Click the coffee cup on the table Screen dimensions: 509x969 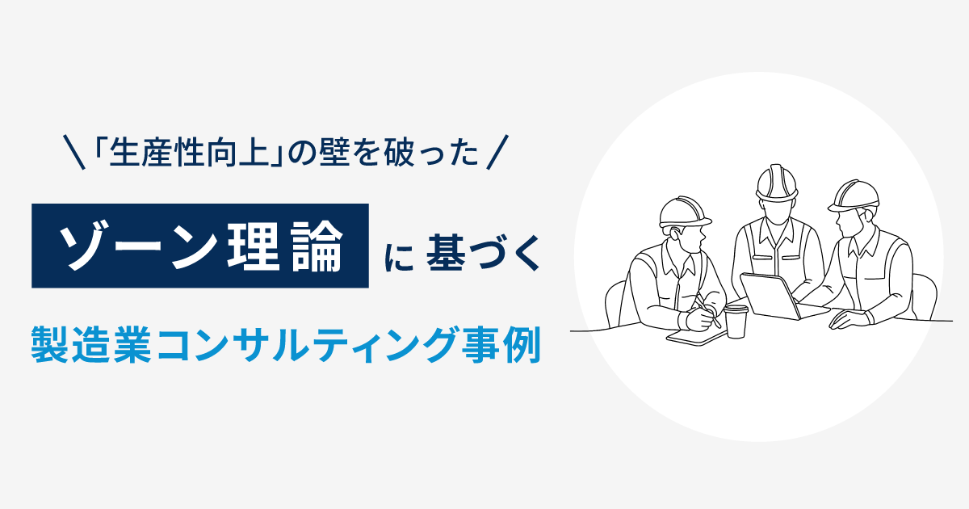pos(736,321)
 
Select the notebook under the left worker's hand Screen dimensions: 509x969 pos(693,334)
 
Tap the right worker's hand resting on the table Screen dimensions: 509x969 pos(846,319)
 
